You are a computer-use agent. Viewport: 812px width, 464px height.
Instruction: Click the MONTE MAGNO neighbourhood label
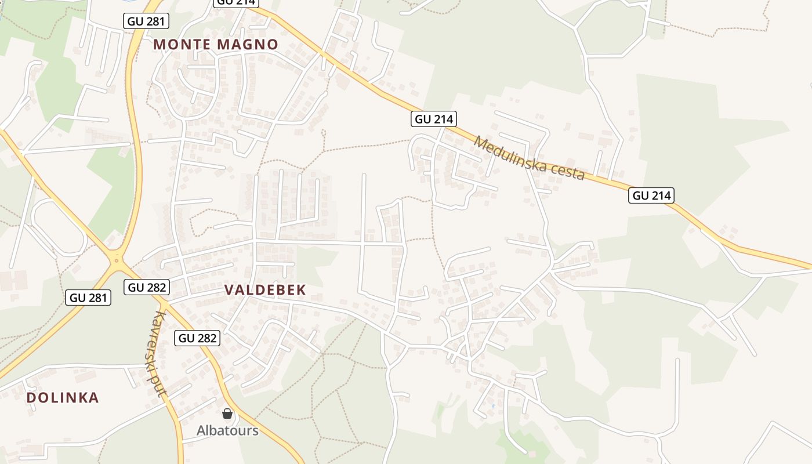coord(216,44)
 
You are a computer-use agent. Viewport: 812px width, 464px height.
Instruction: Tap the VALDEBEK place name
coord(265,290)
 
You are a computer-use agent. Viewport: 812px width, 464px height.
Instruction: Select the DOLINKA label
coord(63,398)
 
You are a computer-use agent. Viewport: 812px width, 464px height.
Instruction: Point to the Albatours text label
coord(227,430)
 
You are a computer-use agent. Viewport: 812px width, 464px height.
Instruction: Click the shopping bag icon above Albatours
coord(227,414)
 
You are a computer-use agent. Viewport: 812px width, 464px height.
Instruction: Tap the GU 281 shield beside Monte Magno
coord(146,21)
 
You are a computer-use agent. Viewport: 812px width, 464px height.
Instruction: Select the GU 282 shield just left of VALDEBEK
coord(147,287)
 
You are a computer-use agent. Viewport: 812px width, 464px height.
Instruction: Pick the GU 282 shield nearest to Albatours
coord(197,338)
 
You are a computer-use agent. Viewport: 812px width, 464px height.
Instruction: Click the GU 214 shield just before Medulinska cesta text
coord(434,119)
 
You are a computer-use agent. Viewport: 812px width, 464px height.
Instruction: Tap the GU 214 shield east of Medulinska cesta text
coord(651,195)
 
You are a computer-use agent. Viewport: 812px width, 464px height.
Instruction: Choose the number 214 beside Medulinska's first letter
coord(443,119)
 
